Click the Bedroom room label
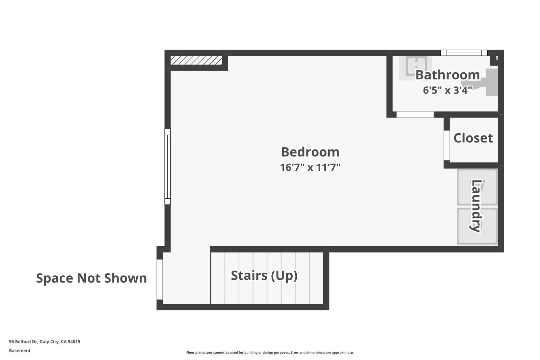coord(310,152)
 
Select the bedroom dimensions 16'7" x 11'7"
coord(310,167)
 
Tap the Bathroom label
coord(447,75)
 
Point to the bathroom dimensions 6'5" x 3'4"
coord(447,90)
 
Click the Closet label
coord(473,138)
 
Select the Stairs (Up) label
coord(264,276)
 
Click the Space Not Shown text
coord(91,278)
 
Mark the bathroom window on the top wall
coord(464,53)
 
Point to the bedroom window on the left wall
coord(167,167)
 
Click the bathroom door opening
coord(415,115)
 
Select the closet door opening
coord(447,145)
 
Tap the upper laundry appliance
coord(477,188)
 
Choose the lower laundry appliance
coord(477,226)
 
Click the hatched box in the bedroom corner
coord(196,60)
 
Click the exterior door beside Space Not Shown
coord(160,279)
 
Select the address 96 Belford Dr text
coord(45,341)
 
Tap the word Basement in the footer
coord(20,351)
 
